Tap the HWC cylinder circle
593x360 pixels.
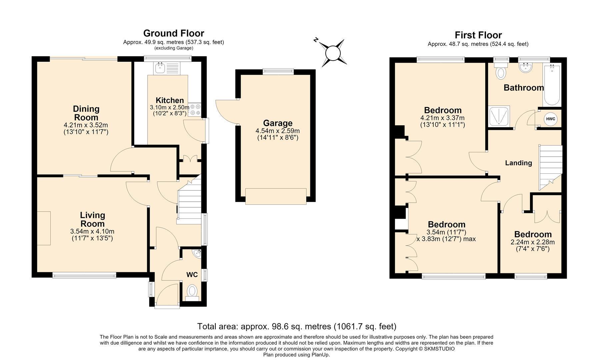pos(550,119)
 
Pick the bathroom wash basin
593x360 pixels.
pos(526,68)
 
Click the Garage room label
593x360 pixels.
pos(278,123)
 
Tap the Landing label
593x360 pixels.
pos(518,163)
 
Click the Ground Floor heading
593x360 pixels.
pos(174,33)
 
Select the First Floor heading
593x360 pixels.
pos(478,35)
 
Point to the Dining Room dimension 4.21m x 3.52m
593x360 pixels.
pos(86,125)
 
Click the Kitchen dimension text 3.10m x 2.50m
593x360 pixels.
pos(170,107)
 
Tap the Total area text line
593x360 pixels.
pos(297,326)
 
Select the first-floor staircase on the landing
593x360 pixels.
pos(551,168)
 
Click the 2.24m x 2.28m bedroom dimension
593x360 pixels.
pos(533,242)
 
